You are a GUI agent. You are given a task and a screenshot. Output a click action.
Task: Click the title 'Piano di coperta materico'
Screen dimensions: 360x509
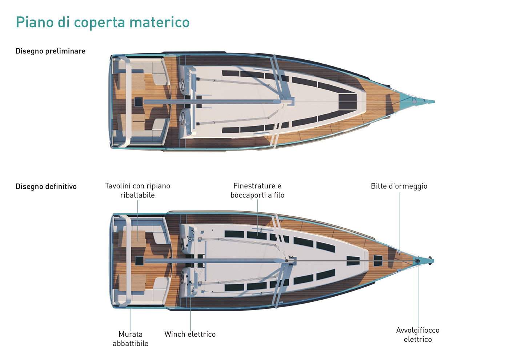pos(103,22)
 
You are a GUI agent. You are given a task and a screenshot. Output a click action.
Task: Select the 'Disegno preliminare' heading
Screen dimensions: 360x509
pos(51,51)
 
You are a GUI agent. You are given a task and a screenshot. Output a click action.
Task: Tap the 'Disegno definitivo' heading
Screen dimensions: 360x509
pos(46,187)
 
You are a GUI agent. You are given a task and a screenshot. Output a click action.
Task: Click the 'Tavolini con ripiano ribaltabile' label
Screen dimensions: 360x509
pos(137,191)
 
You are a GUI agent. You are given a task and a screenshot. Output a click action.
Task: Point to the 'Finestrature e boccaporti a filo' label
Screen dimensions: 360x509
pos(257,191)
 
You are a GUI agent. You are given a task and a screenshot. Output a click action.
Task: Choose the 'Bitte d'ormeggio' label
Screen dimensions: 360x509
pos(399,186)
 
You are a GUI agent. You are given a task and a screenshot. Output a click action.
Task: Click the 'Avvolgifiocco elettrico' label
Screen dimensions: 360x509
pos(418,335)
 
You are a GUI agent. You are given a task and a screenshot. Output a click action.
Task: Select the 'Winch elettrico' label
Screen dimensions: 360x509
pos(190,334)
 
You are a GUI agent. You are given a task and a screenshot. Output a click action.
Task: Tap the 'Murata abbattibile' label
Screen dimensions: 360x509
pos(131,339)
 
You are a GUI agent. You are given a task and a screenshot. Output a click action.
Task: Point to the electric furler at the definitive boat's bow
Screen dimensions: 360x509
pos(418,261)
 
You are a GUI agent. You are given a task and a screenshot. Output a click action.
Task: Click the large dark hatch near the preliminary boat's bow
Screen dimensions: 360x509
pos(348,101)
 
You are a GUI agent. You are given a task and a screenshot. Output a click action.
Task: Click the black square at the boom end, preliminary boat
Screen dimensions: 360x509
pos(139,101)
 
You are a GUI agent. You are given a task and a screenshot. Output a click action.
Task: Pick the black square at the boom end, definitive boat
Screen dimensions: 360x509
pos(139,260)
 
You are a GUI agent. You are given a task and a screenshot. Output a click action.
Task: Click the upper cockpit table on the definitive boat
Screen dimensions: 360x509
pos(137,238)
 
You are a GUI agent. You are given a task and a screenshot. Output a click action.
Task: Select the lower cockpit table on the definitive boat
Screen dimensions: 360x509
pos(137,283)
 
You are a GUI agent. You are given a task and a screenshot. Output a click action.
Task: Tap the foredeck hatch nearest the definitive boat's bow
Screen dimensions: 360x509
pos(378,260)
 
